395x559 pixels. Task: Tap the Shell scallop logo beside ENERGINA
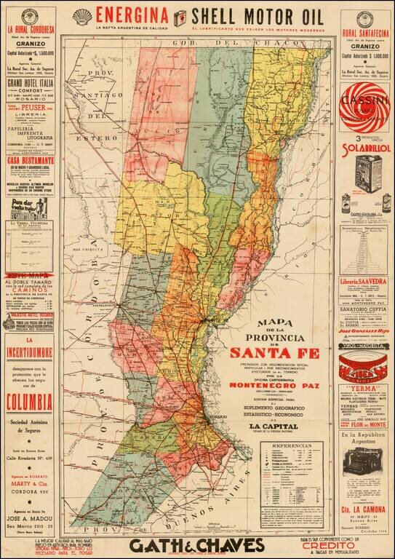[x=82, y=15]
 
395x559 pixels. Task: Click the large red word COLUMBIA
[x=29, y=401]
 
